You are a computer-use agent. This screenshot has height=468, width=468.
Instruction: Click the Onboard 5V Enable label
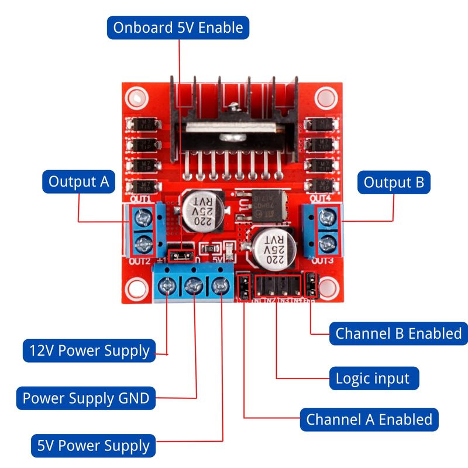178,27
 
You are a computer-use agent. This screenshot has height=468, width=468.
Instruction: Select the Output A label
78,182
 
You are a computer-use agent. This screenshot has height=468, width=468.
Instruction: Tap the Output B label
393,182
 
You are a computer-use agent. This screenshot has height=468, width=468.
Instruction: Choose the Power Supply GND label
86,399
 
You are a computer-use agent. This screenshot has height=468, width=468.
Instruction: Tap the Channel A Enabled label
369,419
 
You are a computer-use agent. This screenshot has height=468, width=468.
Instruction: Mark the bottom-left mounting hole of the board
137,288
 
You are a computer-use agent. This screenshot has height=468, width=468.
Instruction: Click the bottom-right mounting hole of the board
328,287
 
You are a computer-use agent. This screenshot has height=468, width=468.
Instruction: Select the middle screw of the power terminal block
194,287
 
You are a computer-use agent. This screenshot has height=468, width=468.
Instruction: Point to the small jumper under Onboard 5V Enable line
181,255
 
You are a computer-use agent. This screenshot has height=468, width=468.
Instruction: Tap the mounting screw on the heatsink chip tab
234,107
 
